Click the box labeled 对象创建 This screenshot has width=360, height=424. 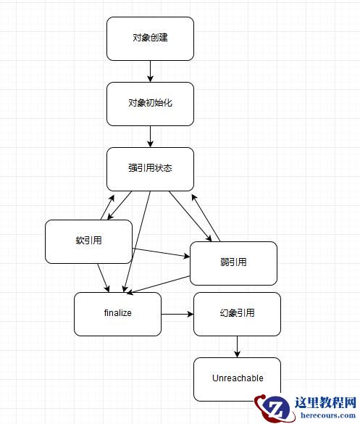(150, 38)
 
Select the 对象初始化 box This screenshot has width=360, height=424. (150, 103)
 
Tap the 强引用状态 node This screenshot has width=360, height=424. (150, 168)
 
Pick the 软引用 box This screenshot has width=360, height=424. (88, 241)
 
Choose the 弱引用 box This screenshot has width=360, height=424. (233, 262)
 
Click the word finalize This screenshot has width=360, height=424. (117, 314)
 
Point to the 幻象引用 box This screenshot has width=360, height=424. (237, 314)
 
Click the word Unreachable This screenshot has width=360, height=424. (237, 378)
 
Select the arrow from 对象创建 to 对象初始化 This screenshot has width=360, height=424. (150, 71)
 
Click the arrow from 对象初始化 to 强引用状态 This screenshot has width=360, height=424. (150, 136)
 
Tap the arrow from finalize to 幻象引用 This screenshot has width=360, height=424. (177, 315)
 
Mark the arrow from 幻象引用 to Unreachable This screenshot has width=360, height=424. (237, 346)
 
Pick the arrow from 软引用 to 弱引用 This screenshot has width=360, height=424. (161, 253)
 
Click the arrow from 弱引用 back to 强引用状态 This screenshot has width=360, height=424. (207, 217)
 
